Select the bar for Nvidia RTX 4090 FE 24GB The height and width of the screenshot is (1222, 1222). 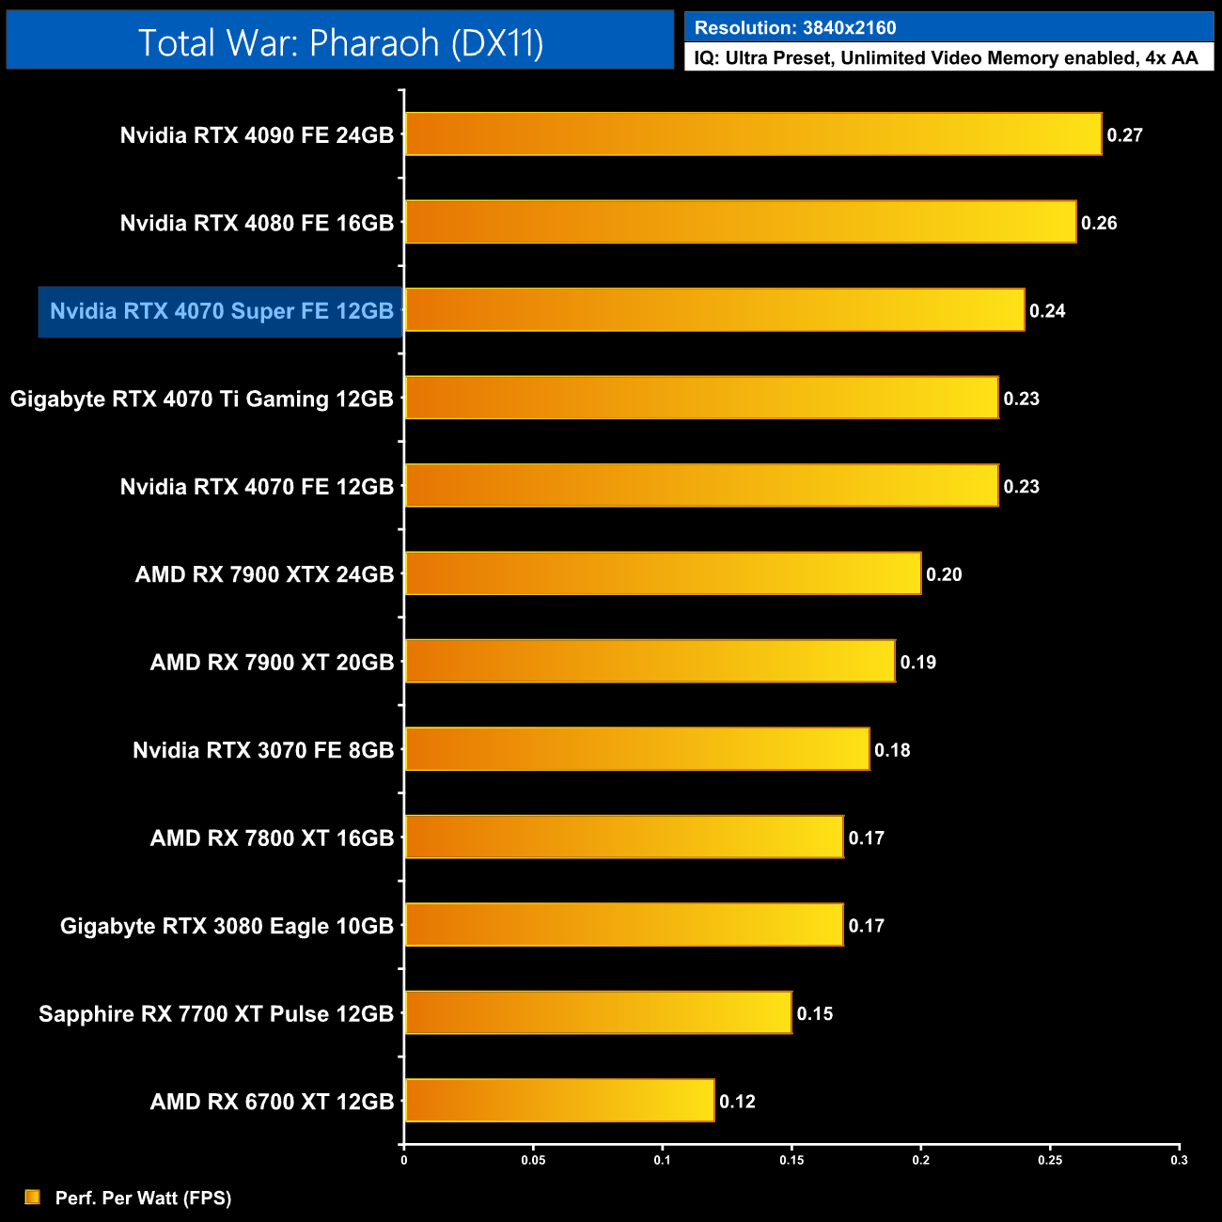click(x=752, y=134)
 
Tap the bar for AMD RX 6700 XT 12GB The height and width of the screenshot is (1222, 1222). click(x=559, y=1101)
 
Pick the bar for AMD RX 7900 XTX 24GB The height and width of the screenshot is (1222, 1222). click(x=663, y=573)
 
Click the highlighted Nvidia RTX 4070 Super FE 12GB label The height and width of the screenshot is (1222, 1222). click(x=221, y=311)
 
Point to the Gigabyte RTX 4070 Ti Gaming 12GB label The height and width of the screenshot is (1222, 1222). click(x=201, y=399)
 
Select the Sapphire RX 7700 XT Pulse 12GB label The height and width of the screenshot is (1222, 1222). click(x=215, y=1013)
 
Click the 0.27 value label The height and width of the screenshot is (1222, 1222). click(x=1124, y=135)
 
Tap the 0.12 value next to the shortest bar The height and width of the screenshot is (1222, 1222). click(x=737, y=1102)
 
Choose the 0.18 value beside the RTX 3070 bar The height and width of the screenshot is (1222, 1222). click(x=892, y=750)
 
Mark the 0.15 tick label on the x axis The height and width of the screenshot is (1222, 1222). click(x=791, y=1160)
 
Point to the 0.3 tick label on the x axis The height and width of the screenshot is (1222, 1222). click(x=1179, y=1160)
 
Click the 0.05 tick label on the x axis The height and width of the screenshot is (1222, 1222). click(x=533, y=1160)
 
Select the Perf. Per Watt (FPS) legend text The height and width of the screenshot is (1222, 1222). click(x=143, y=1198)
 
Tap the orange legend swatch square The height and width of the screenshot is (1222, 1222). click(x=33, y=1197)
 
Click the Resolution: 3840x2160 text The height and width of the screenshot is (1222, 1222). click(x=795, y=28)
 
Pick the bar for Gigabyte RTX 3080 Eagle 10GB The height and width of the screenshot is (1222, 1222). click(x=624, y=925)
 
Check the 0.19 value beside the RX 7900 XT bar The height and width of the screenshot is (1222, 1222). click(x=917, y=663)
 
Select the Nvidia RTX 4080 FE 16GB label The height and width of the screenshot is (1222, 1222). click(x=257, y=223)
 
